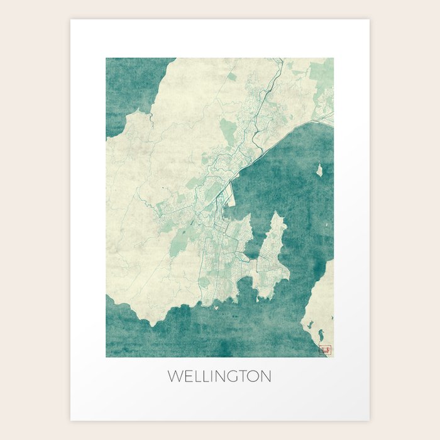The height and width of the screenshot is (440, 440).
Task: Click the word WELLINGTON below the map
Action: (x=219, y=377)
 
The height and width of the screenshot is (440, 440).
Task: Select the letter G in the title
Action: (x=229, y=377)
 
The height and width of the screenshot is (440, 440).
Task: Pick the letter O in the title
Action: (x=253, y=377)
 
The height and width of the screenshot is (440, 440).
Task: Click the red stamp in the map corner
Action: (x=325, y=349)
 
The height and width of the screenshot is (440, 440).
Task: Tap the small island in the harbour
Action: (x=319, y=170)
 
